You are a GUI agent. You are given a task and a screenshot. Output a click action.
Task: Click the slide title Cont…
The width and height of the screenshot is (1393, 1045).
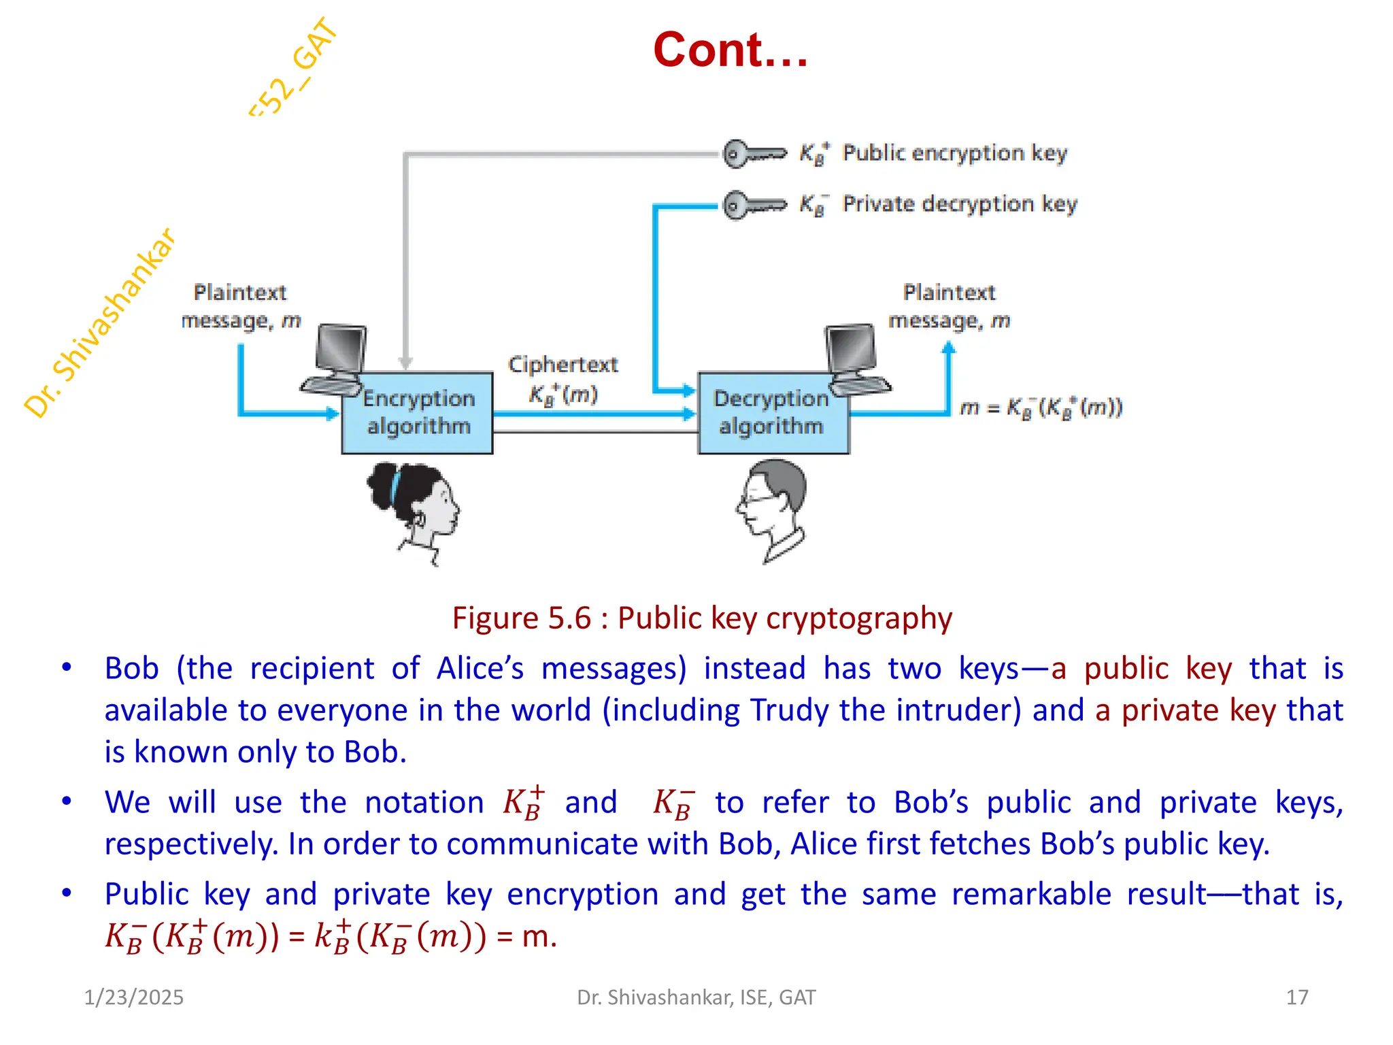pos(731,50)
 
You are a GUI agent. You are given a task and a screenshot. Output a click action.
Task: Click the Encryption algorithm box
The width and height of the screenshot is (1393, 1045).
pos(418,413)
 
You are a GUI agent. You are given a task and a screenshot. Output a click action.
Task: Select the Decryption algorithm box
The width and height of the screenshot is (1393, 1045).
pos(772,413)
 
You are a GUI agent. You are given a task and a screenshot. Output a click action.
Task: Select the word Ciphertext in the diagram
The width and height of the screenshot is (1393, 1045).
pos(563,365)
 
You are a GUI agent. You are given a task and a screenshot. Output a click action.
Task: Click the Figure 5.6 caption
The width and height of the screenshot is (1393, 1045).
pos(702,618)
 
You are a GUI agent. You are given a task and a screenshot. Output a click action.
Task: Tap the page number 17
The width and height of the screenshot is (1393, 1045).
pos(1296,997)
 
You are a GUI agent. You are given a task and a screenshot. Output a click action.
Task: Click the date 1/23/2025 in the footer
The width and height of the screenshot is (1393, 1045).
pos(133,997)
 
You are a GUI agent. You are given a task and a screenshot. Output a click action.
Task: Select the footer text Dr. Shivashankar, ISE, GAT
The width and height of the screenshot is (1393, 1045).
pos(696,997)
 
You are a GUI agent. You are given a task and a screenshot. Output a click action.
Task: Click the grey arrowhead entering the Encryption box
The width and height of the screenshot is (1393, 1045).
pos(405,363)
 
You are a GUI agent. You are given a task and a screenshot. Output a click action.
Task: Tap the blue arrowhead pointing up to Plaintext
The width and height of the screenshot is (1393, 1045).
pos(948,348)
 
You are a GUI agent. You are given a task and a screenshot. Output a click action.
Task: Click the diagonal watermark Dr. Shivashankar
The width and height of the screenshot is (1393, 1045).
pos(101,323)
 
